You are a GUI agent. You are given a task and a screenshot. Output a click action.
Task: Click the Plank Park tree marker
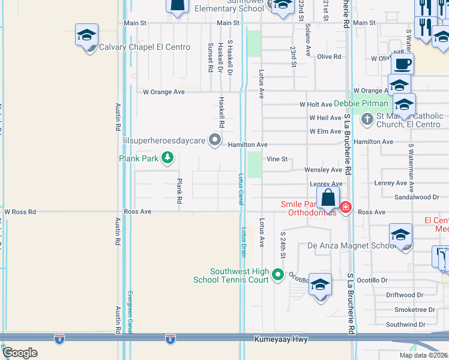(167, 158)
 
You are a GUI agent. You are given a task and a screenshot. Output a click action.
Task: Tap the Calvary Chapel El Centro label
(145, 47)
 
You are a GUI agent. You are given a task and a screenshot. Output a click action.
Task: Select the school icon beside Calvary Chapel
(86, 35)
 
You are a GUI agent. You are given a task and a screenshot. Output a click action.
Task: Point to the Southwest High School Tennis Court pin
(277, 275)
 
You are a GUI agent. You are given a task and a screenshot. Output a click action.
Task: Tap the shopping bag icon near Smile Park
(328, 198)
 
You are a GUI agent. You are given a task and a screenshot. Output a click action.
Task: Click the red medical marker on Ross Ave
(345, 208)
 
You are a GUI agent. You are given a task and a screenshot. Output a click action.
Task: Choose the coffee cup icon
(402, 64)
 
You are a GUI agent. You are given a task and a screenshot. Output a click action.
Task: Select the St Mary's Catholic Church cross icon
(368, 120)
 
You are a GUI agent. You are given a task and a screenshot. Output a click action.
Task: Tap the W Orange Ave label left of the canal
(164, 92)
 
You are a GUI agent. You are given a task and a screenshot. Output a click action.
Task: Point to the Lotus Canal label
(241, 189)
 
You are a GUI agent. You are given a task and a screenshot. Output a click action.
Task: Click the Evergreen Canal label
(130, 312)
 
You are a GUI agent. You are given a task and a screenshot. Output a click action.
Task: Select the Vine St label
(277, 159)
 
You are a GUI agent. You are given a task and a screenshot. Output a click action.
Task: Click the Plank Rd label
(179, 191)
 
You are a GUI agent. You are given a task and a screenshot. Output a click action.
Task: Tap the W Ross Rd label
(20, 212)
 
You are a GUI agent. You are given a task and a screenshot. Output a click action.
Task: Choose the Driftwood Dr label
(405, 295)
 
